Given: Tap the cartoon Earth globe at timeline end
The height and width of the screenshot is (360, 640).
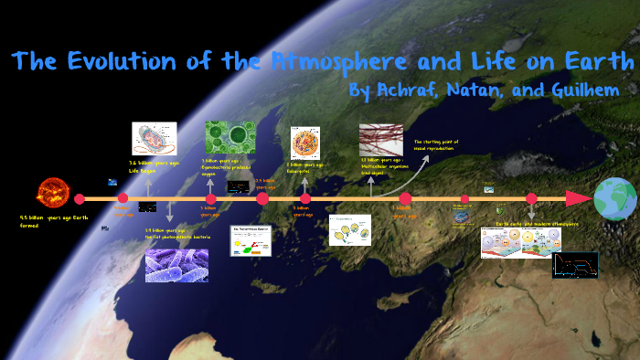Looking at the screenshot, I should point(615,199).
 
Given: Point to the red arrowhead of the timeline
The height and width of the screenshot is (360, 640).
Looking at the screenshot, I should point(577,198).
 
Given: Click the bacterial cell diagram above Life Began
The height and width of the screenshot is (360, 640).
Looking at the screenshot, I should point(154,139).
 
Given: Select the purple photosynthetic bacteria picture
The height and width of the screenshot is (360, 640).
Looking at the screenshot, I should point(176,266).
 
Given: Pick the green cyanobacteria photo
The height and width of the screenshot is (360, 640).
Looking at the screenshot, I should point(224,138).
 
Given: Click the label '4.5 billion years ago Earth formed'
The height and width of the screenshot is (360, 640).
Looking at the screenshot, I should point(56,222).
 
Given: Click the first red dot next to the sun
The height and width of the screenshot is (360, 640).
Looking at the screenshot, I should point(80,199).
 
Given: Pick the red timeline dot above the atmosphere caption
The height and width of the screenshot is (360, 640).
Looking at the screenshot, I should point(531,198).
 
